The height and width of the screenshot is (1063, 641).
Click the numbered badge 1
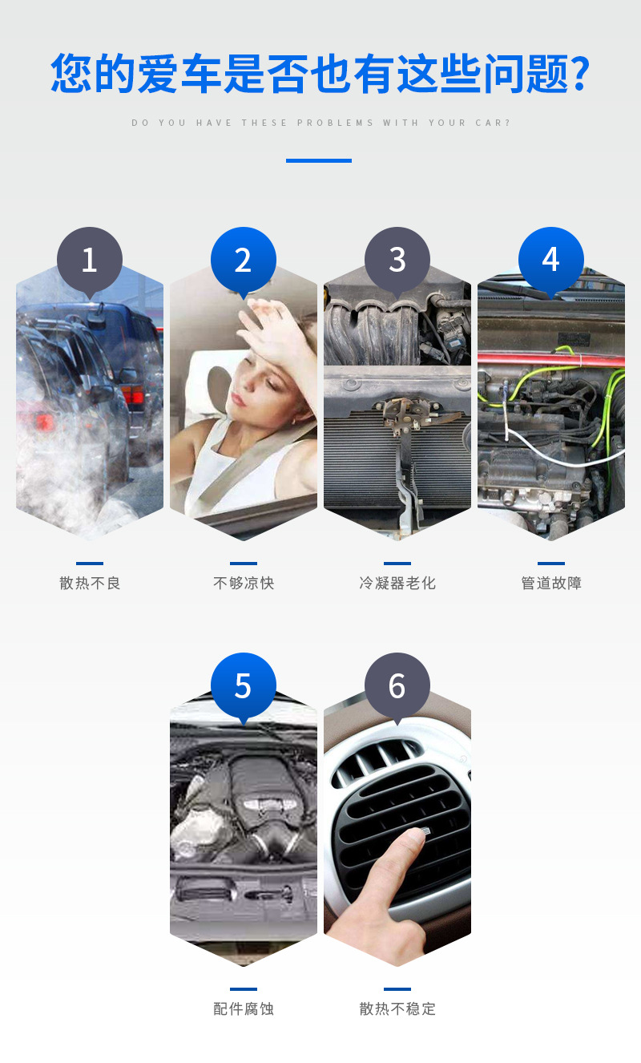[90, 260]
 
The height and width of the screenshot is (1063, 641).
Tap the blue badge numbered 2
[244, 260]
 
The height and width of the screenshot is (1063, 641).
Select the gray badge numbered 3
[397, 260]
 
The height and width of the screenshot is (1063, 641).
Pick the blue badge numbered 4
[550, 260]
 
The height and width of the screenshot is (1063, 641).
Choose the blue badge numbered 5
[244, 685]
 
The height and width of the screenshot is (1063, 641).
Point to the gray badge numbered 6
[397, 685]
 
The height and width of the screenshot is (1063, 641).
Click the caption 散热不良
[90, 583]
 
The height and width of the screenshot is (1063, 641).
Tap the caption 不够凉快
[244, 583]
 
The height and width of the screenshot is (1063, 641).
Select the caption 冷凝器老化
[397, 583]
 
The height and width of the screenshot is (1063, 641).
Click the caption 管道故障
[550, 583]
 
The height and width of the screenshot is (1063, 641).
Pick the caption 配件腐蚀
[244, 1008]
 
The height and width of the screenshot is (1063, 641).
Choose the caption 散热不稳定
[397, 1008]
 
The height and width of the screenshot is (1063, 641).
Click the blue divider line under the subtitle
[319, 160]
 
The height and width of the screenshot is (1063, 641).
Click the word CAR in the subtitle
[489, 123]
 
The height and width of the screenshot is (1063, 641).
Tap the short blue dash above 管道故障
[550, 564]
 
